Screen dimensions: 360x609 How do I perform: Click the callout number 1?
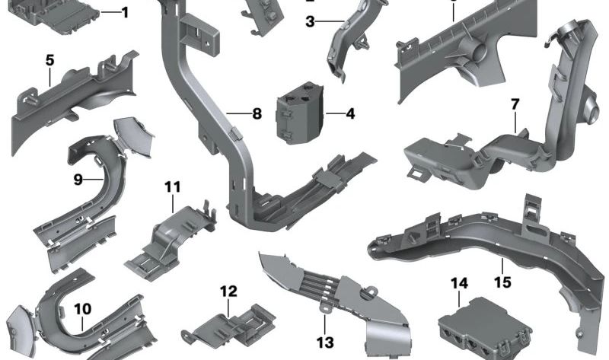pyautogui.click(x=125, y=12)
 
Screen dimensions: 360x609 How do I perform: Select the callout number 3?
pyautogui.click(x=310, y=22)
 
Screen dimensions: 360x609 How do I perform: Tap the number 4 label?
pyautogui.click(x=350, y=115)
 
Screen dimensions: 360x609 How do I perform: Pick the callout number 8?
pyautogui.click(x=257, y=115)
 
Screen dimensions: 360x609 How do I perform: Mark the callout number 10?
pyautogui.click(x=82, y=309)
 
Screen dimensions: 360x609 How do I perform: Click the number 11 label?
pyautogui.click(x=172, y=186)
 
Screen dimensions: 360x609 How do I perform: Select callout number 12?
pyautogui.click(x=228, y=292)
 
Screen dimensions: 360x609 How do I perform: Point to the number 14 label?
pyautogui.click(x=458, y=284)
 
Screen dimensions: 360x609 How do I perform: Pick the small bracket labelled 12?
pyautogui.click(x=225, y=323)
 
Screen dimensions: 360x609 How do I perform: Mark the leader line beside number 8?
pyautogui.click(x=238, y=115)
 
